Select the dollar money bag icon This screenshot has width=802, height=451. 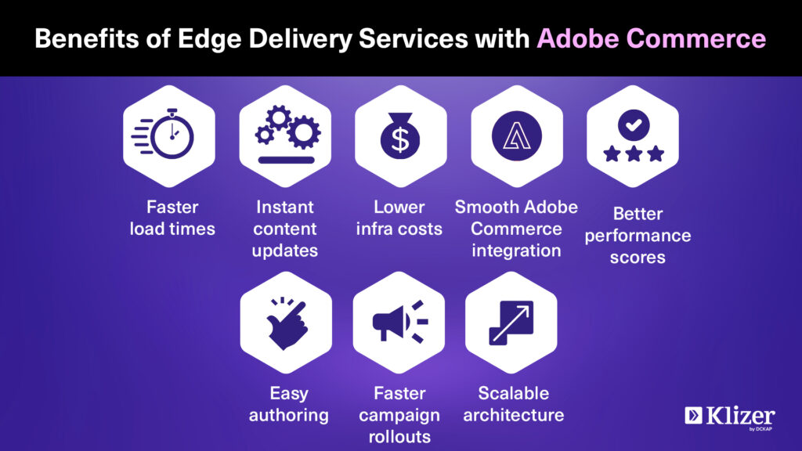pos(400,135)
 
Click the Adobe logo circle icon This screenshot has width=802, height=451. pos(517,136)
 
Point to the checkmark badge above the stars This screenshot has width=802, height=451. pos(634,124)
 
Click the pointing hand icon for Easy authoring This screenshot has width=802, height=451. pos(287,323)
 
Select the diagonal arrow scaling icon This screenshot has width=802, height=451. pos(511,323)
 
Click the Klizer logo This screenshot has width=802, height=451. pos(730,417)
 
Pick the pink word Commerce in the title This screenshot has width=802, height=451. pos(695,39)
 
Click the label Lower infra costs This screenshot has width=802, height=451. pos(399,218)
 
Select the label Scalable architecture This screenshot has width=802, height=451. pos(514,404)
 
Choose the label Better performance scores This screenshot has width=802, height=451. pos(638,235)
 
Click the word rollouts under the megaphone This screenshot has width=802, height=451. pos(399,437)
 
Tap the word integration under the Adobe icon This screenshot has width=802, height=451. pos(516,251)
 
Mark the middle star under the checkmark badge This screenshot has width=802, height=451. pos(634,153)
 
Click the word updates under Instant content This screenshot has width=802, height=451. pos(285,251)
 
